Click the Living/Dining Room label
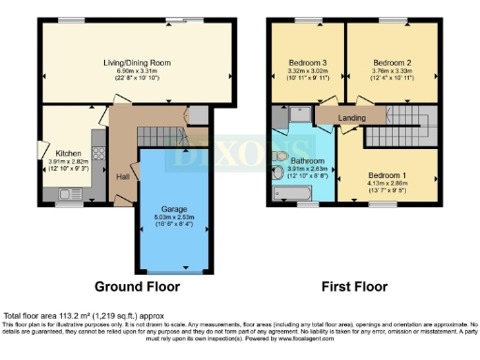tap(135, 62)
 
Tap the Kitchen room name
tap(68, 152)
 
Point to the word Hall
tap(123, 175)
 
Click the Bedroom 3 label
tap(305, 61)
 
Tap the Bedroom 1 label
tap(386, 175)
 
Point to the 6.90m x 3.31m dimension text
tap(135, 71)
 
